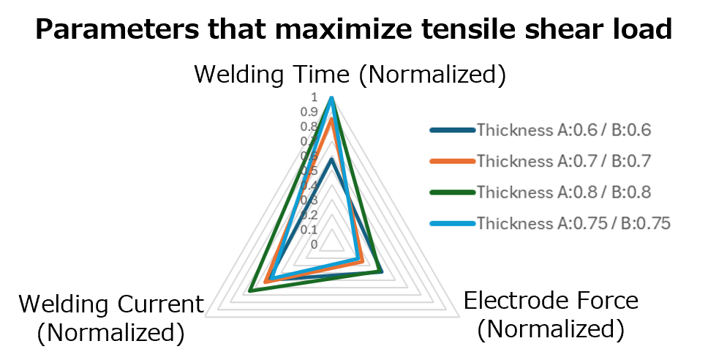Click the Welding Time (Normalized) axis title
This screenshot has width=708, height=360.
tap(350, 75)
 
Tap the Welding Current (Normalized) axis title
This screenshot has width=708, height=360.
tap(110, 318)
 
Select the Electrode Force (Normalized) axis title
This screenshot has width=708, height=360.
tap(551, 314)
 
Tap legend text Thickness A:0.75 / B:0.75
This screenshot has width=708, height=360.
tap(573, 224)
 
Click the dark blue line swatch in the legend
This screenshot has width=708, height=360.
tap(452, 130)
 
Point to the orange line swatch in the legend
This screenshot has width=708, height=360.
tap(452, 161)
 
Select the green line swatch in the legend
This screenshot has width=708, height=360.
tap(452, 192)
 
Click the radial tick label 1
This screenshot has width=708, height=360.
tap(314, 97)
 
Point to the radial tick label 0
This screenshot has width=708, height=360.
tap(314, 244)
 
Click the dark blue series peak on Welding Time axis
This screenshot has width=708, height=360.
tap(331, 159)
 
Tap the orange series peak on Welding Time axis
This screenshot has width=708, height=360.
tap(331, 119)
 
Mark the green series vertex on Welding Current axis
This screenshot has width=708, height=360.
tap(250, 291)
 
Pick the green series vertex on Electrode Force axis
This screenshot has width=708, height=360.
tap(380, 272)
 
